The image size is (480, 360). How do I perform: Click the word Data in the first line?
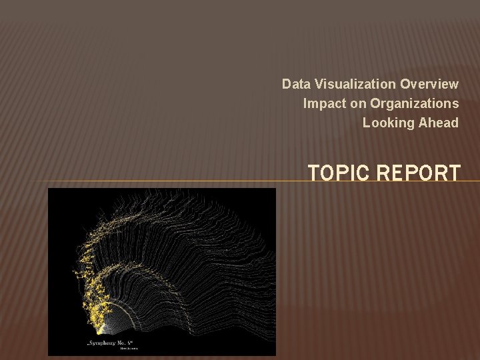pos(294,84)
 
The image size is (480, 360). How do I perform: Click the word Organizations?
pos(415,103)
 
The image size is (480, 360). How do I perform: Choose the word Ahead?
pos(441,123)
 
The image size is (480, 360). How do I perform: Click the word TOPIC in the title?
pos(339,173)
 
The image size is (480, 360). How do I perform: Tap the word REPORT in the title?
pos(419,173)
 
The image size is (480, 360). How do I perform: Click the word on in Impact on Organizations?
pos(356,103)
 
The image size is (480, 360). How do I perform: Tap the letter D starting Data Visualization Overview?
pos(286,84)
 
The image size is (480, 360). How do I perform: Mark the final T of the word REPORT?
pos(453,173)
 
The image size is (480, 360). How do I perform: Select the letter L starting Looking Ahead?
pos(366,123)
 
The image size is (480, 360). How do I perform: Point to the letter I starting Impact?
pos(305,103)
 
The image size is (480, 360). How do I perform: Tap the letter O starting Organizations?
pos(375,103)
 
